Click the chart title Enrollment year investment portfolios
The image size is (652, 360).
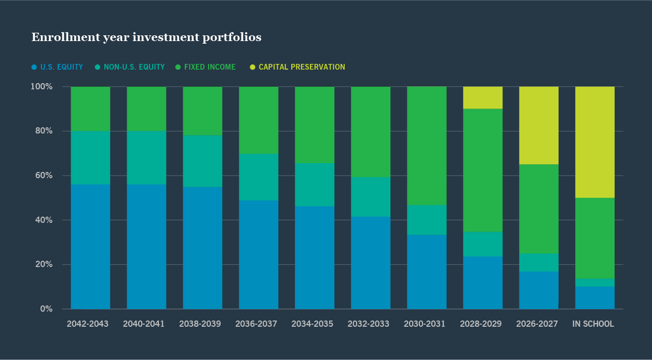tap(146, 37)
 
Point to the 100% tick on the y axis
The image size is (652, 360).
tap(42, 86)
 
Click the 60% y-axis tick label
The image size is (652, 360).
tap(44, 176)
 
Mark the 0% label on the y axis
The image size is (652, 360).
tap(46, 309)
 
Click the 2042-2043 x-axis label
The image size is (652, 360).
tap(88, 324)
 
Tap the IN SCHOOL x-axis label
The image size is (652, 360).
tap(593, 324)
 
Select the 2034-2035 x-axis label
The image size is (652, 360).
tap(312, 324)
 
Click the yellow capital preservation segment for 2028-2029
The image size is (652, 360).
tap(483, 98)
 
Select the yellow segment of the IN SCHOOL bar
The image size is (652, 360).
tap(595, 142)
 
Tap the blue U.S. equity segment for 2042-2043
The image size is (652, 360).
tap(90, 247)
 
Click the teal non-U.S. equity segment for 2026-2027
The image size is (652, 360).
tap(539, 262)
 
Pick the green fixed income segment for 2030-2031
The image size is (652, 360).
tap(427, 146)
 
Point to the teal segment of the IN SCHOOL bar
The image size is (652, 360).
tap(595, 283)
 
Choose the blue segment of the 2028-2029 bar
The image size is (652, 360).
tap(483, 283)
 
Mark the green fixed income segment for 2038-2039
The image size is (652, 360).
tap(202, 111)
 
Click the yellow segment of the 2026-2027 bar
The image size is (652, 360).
tap(539, 125)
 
